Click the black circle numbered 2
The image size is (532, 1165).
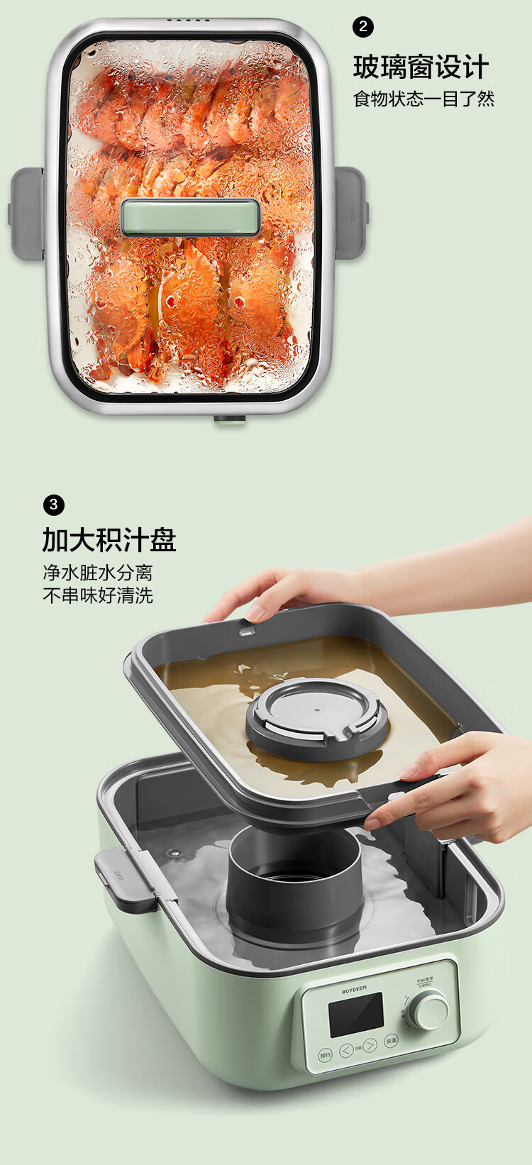(x=363, y=27)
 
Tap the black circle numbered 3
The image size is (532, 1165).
(x=53, y=505)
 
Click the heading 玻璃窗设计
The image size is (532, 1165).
(x=421, y=67)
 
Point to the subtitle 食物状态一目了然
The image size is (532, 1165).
(x=423, y=99)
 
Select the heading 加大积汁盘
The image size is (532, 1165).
(x=109, y=540)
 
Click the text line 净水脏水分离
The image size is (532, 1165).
(x=98, y=573)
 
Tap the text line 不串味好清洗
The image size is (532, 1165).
(x=98, y=595)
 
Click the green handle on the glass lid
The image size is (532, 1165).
(x=190, y=217)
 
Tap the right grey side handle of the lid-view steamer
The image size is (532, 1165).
(x=350, y=211)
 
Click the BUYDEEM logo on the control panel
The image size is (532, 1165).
(x=355, y=989)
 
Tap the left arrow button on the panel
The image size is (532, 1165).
(x=345, y=1050)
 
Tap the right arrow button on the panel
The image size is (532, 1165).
(x=370, y=1046)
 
